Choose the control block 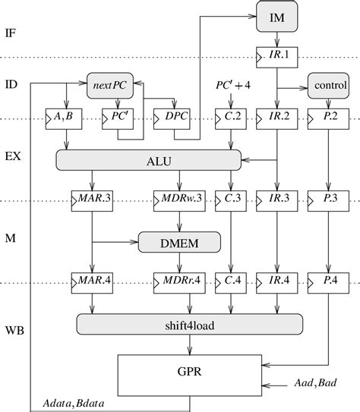[x=327, y=86]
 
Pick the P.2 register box [x=327, y=119]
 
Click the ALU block [x=149, y=159]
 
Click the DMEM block [x=179, y=242]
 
